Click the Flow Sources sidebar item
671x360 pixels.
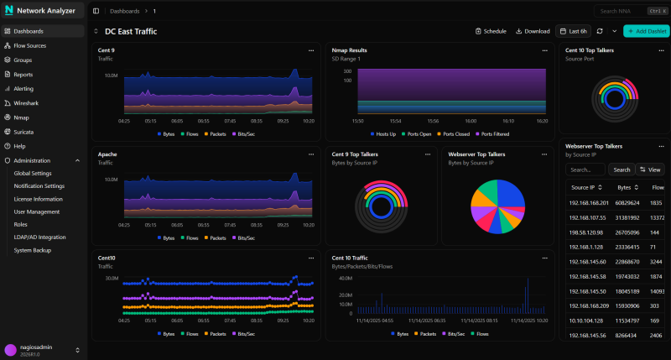pos(29,45)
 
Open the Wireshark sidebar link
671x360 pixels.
pos(28,102)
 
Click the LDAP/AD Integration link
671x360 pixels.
pos(39,237)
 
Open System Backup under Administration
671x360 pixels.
pos(33,250)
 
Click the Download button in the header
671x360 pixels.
pos(533,31)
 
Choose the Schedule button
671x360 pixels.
pos(491,31)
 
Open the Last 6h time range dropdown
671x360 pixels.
pos(574,31)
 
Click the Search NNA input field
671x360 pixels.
pos(621,11)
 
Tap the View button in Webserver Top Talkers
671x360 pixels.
pos(651,170)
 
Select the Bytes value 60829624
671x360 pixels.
pos(628,202)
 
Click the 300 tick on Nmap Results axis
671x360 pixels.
pos(346,70)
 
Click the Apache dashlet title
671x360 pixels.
pos(107,154)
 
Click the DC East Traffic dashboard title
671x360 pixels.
pos(131,31)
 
